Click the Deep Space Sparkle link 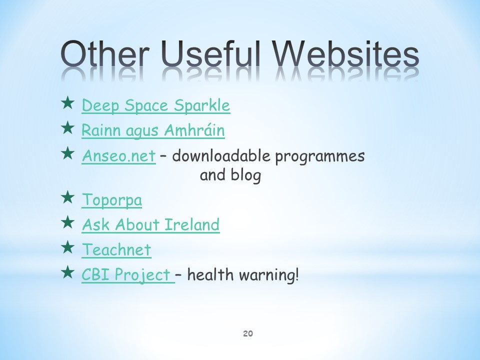(156, 105)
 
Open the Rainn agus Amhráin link (153, 130)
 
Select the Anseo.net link (119, 156)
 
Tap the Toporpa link (111, 200)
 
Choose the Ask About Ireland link (150, 224)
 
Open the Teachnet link (116, 250)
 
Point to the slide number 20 (248, 333)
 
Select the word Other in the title (105, 54)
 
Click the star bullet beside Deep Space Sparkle (67, 103)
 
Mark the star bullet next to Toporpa (67, 197)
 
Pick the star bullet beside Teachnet (67, 247)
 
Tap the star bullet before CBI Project (67, 272)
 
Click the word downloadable (221, 156)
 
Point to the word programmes (320, 157)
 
